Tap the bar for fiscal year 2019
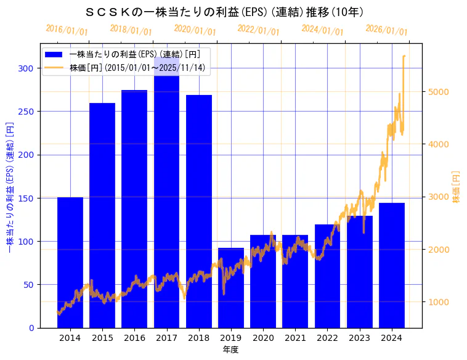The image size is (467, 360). [x=231, y=287]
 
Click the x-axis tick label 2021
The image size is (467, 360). [x=295, y=338]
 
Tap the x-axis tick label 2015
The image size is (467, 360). [x=102, y=338]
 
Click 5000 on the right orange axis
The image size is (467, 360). [x=439, y=92]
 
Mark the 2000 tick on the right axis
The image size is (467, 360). [x=439, y=250]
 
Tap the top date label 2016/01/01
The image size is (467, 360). [x=67, y=30]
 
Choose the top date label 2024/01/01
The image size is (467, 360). [x=322, y=30]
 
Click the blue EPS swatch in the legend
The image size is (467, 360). [x=54, y=54]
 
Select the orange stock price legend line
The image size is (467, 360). [x=54, y=67]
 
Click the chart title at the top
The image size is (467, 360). [x=224, y=12]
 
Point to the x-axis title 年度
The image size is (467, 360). [x=231, y=350]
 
